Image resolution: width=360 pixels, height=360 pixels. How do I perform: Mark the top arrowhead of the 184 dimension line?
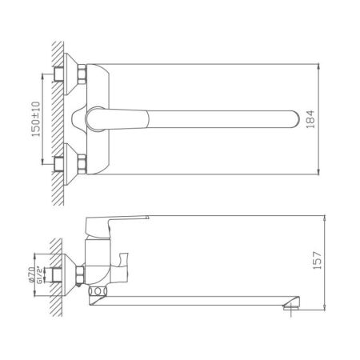pos(321,64)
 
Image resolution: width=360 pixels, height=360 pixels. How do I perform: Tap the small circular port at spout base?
pos(99,292)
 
